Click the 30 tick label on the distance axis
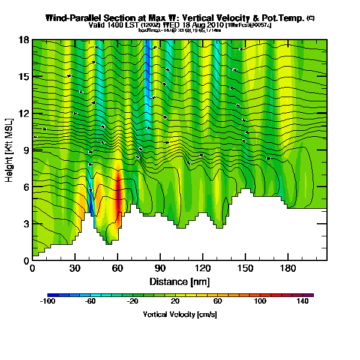pos(75,269)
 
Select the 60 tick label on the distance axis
pos(118,269)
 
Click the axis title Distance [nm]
pos(179,281)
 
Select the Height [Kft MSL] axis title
pos(10,151)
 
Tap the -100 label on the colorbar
pos(47,301)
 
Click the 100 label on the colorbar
pos(260,301)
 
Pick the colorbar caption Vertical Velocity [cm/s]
pos(179,314)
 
